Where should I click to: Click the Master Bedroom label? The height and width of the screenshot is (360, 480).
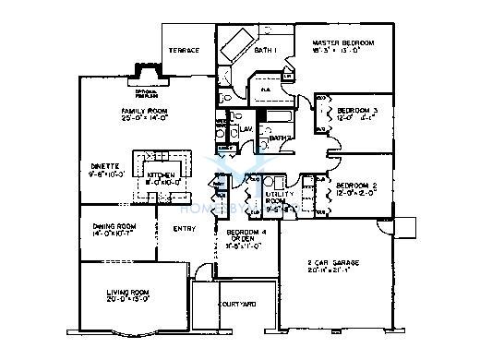tap(343, 43)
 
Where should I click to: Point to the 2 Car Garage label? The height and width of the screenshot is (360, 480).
tap(335, 264)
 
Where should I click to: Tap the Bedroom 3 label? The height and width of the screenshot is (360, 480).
tap(356, 109)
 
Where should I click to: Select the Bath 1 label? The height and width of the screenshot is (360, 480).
tap(264, 51)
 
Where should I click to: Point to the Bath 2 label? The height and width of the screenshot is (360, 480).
tap(281, 138)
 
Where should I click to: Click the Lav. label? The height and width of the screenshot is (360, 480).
tap(246, 129)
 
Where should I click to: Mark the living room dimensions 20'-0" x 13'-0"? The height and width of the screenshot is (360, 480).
tap(121, 300)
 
